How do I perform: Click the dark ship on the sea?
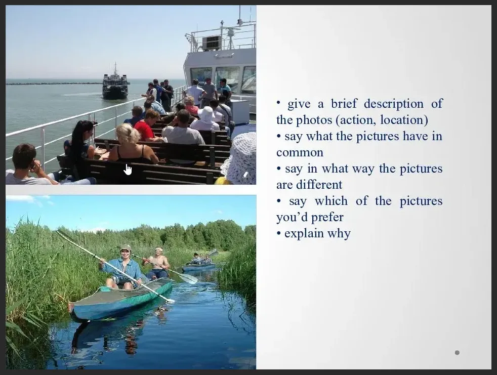point(115,83)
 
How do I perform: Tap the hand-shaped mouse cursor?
point(128,169)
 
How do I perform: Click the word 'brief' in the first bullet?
point(344,104)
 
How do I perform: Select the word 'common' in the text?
point(300,152)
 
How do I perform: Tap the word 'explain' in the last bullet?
point(304,234)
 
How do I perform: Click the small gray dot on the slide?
point(457,353)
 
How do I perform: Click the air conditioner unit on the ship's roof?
point(212,43)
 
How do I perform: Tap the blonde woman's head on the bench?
point(128,133)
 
